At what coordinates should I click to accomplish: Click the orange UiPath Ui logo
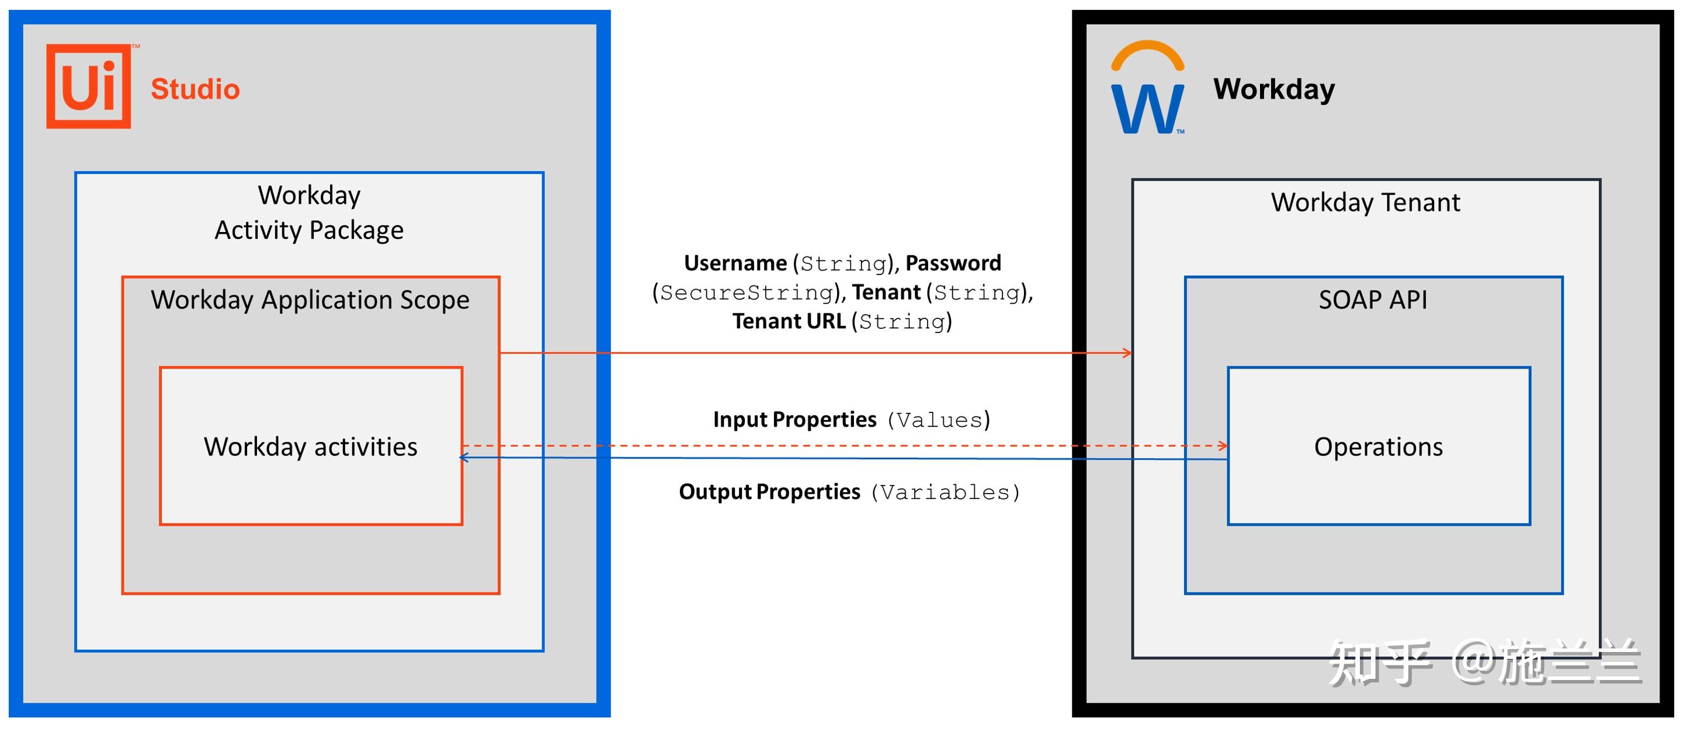click(x=88, y=86)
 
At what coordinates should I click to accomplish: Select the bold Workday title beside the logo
click(x=1274, y=89)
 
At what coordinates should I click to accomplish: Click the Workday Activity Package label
click(x=309, y=213)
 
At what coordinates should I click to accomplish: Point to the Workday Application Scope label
click(x=310, y=300)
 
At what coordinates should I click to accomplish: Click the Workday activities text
click(x=310, y=447)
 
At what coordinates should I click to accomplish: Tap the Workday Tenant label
click(x=1366, y=202)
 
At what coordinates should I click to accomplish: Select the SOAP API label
click(x=1373, y=300)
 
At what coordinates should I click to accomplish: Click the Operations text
click(x=1378, y=447)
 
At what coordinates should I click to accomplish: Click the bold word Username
click(x=735, y=263)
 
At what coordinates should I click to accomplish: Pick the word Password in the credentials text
click(x=953, y=263)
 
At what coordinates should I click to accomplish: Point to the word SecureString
click(x=747, y=293)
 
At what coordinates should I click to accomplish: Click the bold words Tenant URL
click(x=789, y=321)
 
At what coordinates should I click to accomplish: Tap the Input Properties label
click(x=794, y=419)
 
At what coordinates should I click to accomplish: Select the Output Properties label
click(x=769, y=492)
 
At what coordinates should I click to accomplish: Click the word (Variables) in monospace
click(x=945, y=492)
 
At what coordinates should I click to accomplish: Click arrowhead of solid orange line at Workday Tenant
click(x=1127, y=353)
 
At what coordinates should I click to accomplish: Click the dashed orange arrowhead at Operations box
click(x=1223, y=446)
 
